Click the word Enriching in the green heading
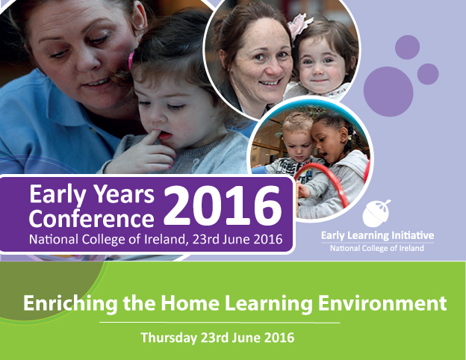click(61, 304)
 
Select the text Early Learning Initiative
click(377, 236)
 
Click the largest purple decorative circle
click(388, 91)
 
